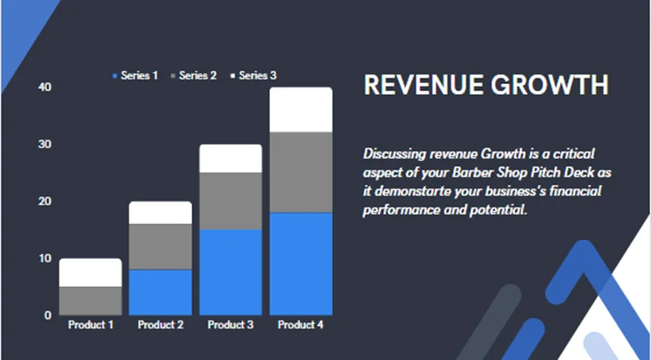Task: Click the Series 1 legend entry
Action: click(x=135, y=75)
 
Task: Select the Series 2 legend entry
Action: click(x=194, y=75)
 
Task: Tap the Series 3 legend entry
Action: click(x=254, y=75)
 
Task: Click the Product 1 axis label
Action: click(x=90, y=325)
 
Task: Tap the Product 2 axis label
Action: click(x=160, y=325)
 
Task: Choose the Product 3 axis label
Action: click(x=230, y=325)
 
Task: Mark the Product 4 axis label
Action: click(x=301, y=325)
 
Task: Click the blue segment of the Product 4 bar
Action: click(x=301, y=263)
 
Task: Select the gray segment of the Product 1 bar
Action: click(x=90, y=300)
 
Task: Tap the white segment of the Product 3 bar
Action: click(x=230, y=158)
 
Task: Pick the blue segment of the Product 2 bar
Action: click(x=160, y=291)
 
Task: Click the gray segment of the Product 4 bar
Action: click(x=301, y=171)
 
